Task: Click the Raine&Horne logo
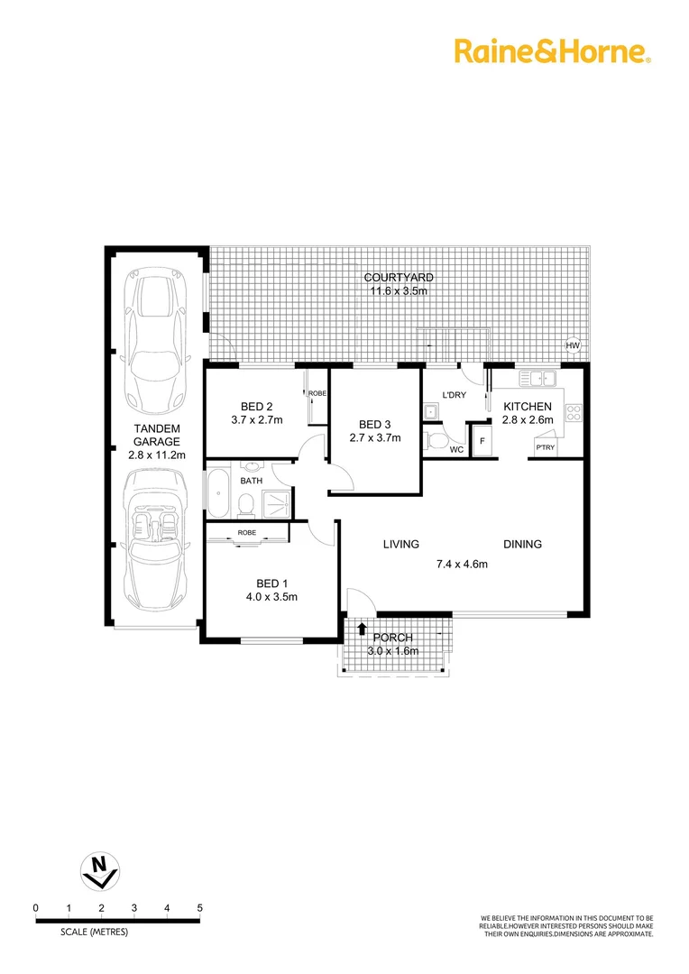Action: [x=552, y=51]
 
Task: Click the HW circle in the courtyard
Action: [x=572, y=345]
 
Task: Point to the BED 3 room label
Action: [x=375, y=425]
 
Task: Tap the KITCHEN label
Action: [x=528, y=407]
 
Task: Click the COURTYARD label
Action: [x=399, y=278]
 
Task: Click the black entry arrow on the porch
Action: [x=362, y=629]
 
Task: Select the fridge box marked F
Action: [x=482, y=441]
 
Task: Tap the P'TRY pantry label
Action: [x=545, y=447]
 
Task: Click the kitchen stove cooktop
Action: [x=573, y=413]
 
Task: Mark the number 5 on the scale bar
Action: [x=199, y=907]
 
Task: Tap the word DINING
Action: [x=522, y=544]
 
